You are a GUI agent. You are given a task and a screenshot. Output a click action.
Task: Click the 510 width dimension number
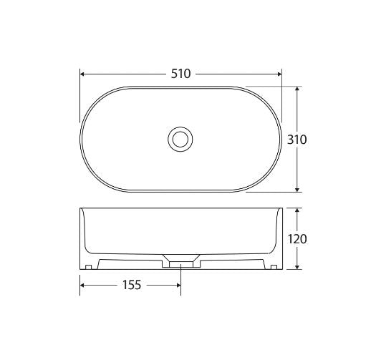(180, 74)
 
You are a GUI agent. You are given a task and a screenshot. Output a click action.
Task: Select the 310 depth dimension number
(297, 140)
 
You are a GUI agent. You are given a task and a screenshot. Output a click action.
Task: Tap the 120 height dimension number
(297, 239)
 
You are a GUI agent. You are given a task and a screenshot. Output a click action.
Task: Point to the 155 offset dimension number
(130, 285)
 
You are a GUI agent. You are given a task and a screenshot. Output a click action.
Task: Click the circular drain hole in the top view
(180, 139)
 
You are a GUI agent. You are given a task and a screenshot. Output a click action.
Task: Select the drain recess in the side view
(180, 260)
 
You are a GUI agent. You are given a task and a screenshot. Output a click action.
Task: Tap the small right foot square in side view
(274, 268)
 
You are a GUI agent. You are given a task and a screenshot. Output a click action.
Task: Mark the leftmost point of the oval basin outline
(80, 140)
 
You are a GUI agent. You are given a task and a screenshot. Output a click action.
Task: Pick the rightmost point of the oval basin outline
(281, 140)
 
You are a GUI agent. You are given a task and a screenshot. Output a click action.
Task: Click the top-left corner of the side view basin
(80, 209)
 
